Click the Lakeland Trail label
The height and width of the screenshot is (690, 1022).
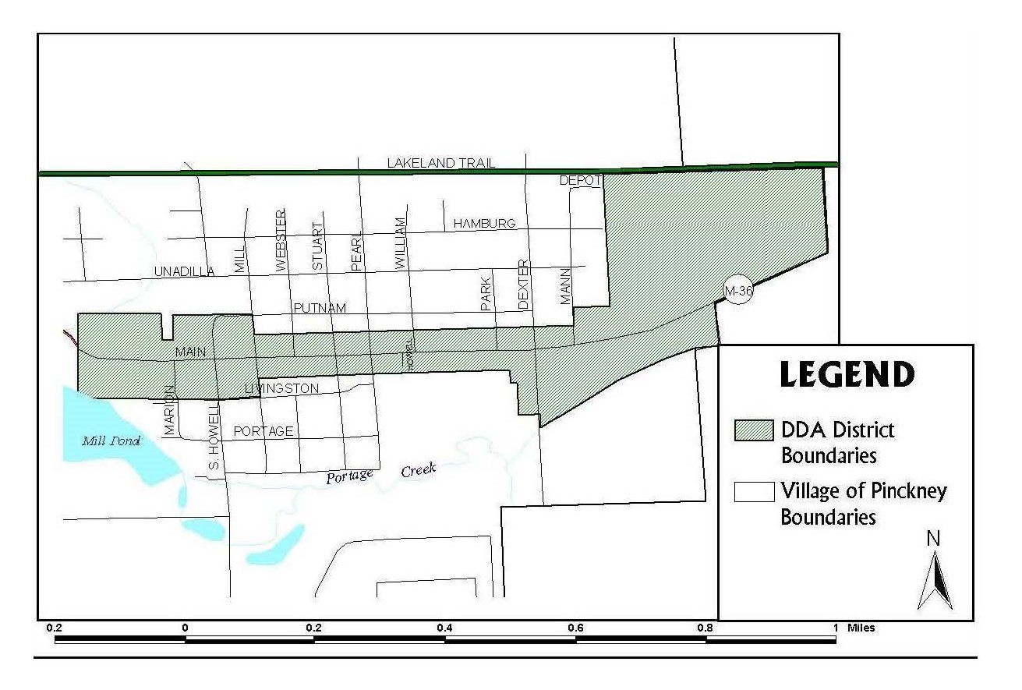pyautogui.click(x=440, y=163)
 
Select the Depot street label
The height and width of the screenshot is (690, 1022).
pyautogui.click(x=580, y=181)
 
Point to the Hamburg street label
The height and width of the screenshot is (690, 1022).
pyautogui.click(x=484, y=224)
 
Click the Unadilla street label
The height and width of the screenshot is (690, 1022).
pyautogui.click(x=184, y=272)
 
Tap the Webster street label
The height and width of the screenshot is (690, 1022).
pyautogui.click(x=281, y=240)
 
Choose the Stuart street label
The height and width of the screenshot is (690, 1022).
pyautogui.click(x=317, y=246)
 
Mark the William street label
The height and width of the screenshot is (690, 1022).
pyautogui.click(x=401, y=244)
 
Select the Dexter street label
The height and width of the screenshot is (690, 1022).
pyautogui.click(x=523, y=284)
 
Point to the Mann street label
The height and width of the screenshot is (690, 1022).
pyautogui.click(x=565, y=285)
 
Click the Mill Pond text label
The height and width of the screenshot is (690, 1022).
pyautogui.click(x=111, y=441)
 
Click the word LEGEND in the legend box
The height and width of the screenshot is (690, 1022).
pyautogui.click(x=847, y=374)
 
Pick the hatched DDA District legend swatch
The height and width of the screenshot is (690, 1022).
pyautogui.click(x=753, y=430)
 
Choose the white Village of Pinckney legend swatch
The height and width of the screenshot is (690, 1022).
pyautogui.click(x=753, y=491)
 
